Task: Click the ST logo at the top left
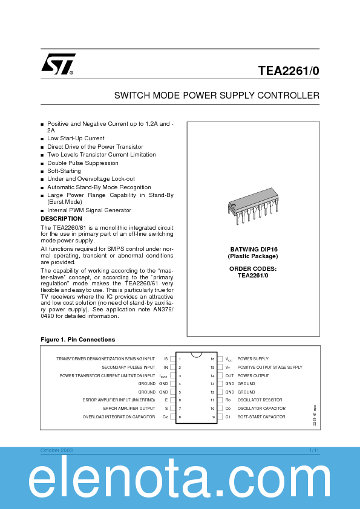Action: (58, 64)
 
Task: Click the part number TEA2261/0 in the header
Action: (288, 71)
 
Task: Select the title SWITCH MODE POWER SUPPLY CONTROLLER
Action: (217, 96)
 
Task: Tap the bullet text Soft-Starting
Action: (64, 171)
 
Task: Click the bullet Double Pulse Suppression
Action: (83, 163)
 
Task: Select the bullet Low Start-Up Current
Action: (76, 138)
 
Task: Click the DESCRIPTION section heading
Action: (61, 219)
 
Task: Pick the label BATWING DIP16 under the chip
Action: (254, 249)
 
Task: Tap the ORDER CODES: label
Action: (254, 268)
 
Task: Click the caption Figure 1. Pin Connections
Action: (77, 340)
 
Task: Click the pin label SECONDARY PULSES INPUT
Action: (128, 368)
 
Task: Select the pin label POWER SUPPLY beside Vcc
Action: (253, 359)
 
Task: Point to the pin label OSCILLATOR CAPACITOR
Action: (261, 409)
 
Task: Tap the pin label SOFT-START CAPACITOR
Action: (261, 417)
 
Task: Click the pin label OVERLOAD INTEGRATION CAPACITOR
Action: (119, 417)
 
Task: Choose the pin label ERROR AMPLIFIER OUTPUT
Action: (129, 409)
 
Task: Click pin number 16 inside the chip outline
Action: (212, 359)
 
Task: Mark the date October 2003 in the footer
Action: (56, 451)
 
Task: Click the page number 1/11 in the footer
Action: (314, 451)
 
